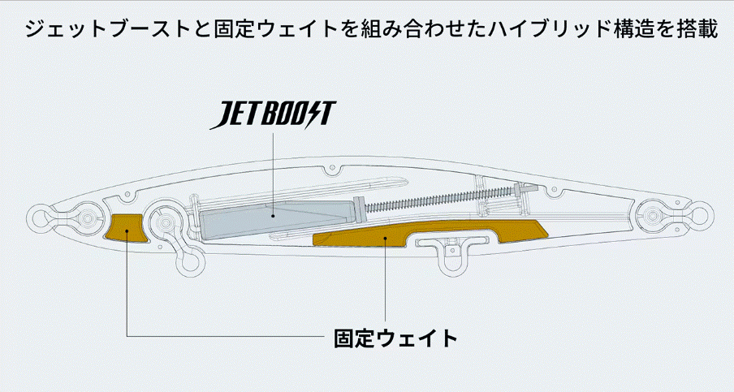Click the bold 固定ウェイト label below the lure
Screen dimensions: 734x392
pyautogui.click(x=395, y=338)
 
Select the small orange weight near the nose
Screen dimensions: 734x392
pyautogui.click(x=126, y=228)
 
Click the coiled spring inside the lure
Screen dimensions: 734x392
pyautogui.click(x=439, y=198)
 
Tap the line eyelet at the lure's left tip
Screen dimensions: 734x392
pyautogui.click(x=38, y=217)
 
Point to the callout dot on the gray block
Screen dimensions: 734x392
pyautogui.click(x=273, y=216)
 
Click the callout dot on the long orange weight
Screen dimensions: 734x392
pyautogui.click(x=385, y=238)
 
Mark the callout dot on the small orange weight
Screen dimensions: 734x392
pyautogui.click(x=127, y=230)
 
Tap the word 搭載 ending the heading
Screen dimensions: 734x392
pyautogui.click(x=697, y=29)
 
